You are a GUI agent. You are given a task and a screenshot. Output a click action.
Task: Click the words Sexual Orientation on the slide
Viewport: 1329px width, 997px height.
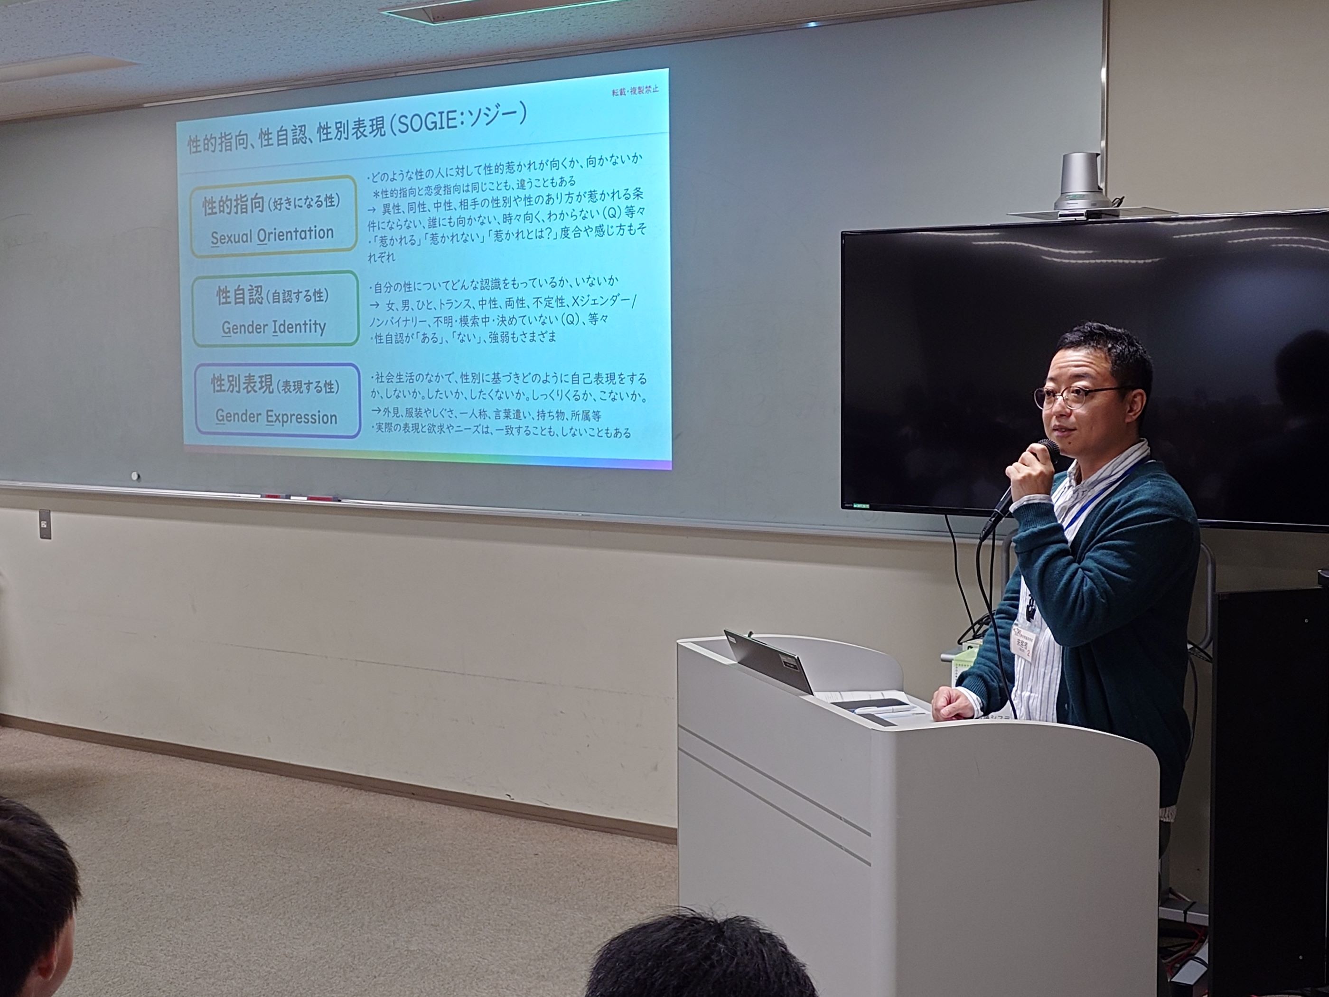click(271, 235)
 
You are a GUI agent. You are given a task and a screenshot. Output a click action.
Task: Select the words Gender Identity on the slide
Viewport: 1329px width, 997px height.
click(273, 328)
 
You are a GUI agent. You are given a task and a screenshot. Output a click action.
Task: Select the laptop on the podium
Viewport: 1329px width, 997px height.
click(769, 661)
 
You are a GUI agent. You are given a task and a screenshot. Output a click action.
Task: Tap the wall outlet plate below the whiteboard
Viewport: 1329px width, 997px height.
click(45, 525)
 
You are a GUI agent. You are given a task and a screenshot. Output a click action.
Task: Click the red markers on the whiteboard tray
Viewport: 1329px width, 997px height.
click(300, 498)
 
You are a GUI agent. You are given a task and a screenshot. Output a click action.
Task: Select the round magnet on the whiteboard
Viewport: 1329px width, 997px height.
click(135, 476)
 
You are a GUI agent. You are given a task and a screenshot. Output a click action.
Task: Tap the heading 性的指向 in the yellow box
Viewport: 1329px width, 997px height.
click(233, 206)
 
